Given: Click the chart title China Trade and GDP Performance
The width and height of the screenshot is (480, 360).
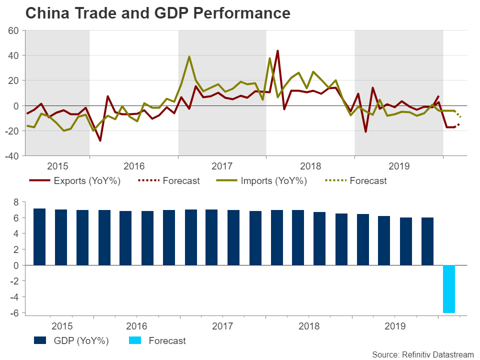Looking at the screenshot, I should point(157,13).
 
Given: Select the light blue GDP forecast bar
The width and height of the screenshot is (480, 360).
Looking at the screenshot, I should point(449,288).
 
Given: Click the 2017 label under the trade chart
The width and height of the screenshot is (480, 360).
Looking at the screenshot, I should point(222,166).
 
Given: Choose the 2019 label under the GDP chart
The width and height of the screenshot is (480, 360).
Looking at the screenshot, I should point(395,326).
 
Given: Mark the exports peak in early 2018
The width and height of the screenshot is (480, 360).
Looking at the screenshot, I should point(277,50).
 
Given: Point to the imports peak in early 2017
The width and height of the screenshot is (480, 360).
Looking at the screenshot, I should point(189,56).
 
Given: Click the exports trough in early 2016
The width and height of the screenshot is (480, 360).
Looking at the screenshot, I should point(100,140).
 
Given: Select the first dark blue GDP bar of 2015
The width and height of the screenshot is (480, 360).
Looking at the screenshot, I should point(39,236).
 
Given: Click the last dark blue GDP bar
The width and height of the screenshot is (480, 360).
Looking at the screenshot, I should point(427,241).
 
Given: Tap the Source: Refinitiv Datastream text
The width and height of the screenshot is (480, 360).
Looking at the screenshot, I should point(422,354).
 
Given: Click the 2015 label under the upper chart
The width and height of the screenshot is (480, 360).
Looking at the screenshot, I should point(57,166).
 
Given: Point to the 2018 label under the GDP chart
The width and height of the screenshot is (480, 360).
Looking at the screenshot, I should point(309,326).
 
